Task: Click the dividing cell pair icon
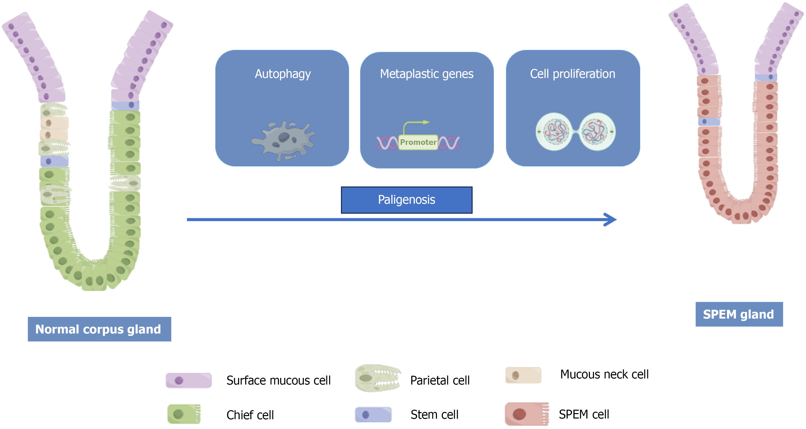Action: (575, 132)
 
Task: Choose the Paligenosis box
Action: (406, 200)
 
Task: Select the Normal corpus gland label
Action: (99, 329)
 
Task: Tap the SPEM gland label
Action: (739, 314)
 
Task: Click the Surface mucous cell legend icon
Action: (188, 380)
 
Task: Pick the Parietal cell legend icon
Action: (378, 378)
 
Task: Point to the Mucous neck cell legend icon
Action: (523, 375)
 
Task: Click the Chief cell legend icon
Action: (184, 414)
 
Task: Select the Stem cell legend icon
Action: (373, 415)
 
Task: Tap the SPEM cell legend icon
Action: (527, 414)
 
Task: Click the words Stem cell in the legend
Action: (434, 415)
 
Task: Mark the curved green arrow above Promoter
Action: (414, 126)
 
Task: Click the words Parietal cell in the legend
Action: (440, 380)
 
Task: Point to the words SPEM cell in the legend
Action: (584, 414)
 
